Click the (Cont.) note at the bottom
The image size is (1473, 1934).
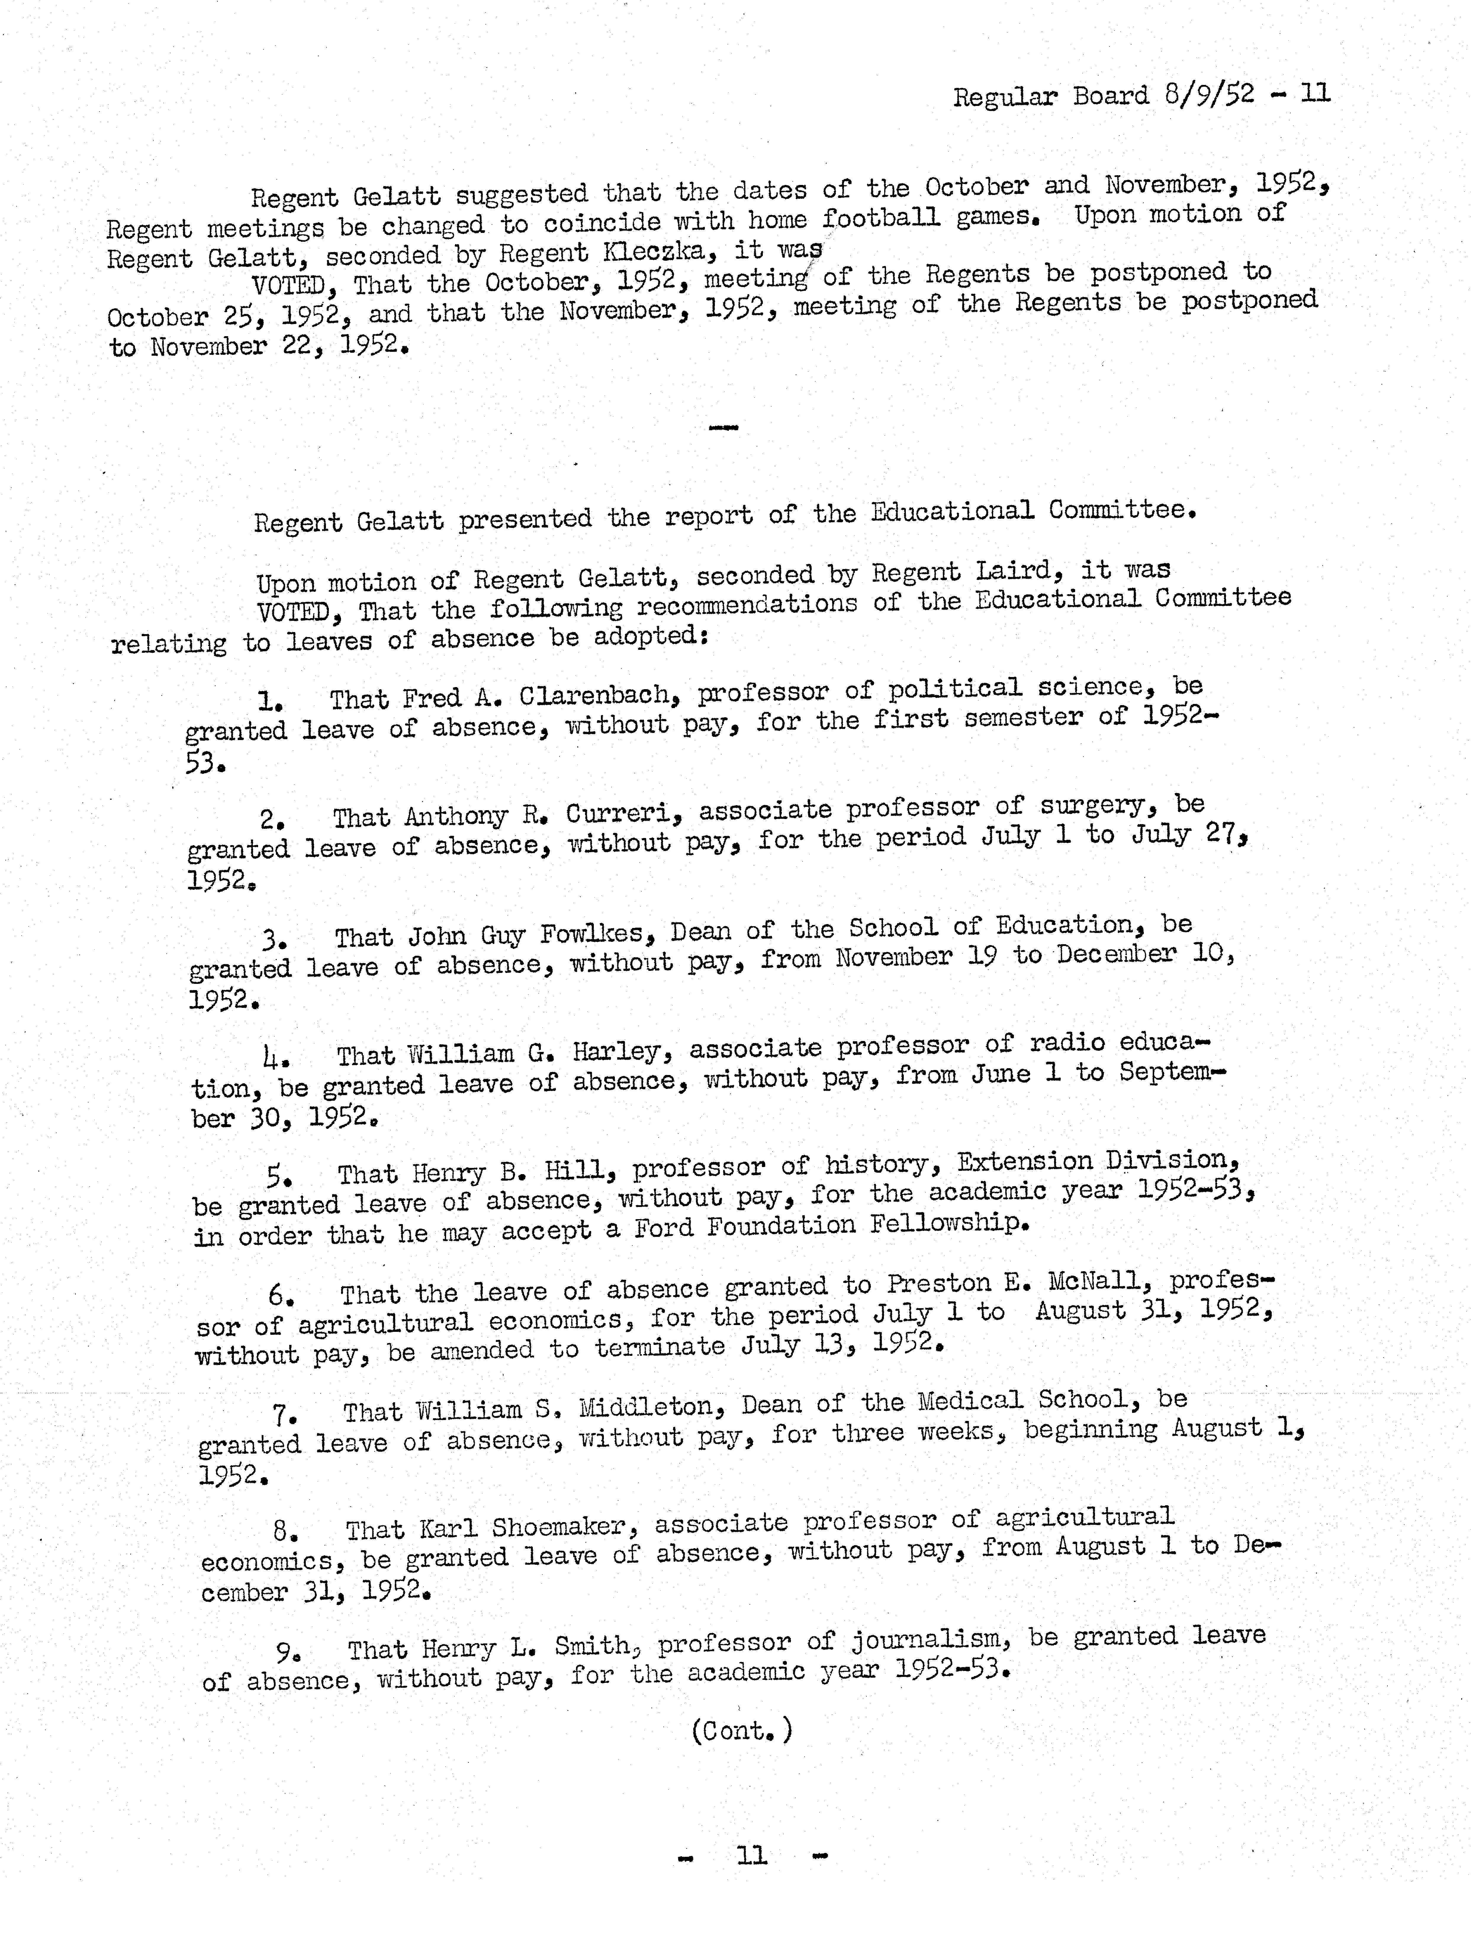(x=742, y=1731)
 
